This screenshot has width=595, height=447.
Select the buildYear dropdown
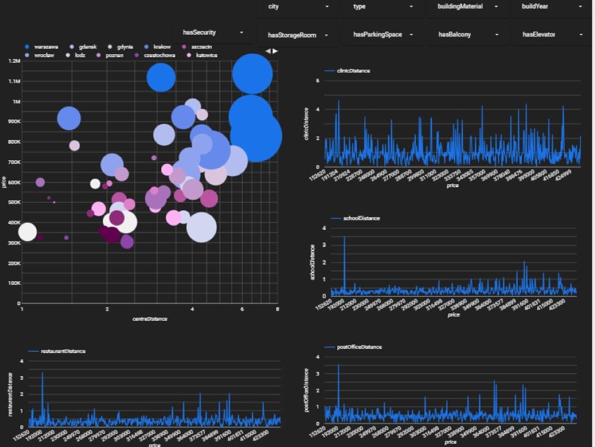pos(552,7)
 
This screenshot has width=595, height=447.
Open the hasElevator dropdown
pos(552,35)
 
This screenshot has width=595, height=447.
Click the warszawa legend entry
pos(45,46)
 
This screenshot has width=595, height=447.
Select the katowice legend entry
pos(206,55)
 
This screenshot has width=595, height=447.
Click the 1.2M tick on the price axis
pos(14,61)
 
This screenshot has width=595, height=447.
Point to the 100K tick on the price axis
pos(14,283)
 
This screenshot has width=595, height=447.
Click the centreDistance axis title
pos(149,319)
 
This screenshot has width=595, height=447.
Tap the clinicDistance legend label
pos(353,71)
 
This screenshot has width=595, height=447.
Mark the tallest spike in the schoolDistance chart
pos(345,238)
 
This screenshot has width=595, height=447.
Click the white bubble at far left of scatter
pos(27,232)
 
